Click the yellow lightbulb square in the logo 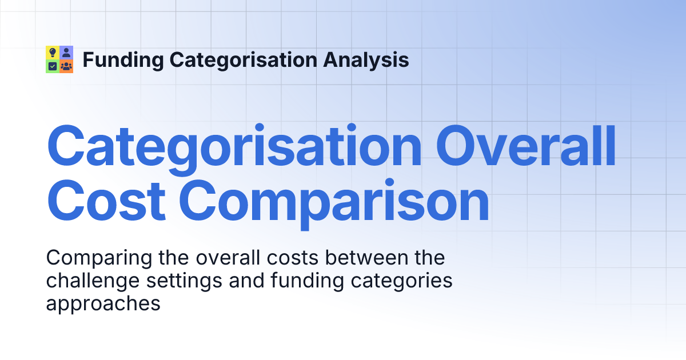coord(53,53)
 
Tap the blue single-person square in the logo coord(66,53)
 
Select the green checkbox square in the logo coord(53,66)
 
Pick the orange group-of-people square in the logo coord(66,66)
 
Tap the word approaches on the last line coord(103,303)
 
